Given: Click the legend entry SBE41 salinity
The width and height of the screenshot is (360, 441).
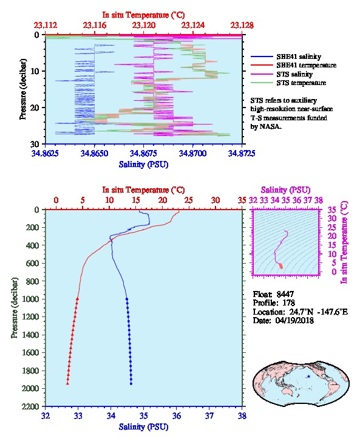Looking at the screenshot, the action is pyautogui.click(x=299, y=57).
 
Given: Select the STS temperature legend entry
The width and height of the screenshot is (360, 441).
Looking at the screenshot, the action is pyautogui.click(x=301, y=83).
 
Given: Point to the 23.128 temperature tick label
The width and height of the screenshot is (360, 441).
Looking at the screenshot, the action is pyautogui.click(x=242, y=26).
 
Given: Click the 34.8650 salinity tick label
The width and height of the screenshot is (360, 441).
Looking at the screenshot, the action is pyautogui.click(x=95, y=153).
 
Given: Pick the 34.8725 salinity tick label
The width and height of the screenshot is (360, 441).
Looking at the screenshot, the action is pyautogui.click(x=242, y=153).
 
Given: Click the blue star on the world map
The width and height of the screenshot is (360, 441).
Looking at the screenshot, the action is pyautogui.click(x=308, y=377).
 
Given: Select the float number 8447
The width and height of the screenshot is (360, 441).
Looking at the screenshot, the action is pyautogui.click(x=285, y=294).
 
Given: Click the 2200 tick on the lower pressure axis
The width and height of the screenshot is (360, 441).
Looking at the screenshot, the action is pyautogui.click(x=31, y=406).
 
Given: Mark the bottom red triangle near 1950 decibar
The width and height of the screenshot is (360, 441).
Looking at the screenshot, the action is pyautogui.click(x=67, y=383).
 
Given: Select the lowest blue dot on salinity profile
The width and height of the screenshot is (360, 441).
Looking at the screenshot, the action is pyautogui.click(x=131, y=383).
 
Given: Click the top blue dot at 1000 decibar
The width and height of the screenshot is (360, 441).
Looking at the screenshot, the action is pyautogui.click(x=127, y=299).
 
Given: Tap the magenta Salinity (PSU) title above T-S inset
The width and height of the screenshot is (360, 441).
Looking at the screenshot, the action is pyautogui.click(x=285, y=190).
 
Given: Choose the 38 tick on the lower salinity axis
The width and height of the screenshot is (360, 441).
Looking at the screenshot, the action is pyautogui.click(x=242, y=415).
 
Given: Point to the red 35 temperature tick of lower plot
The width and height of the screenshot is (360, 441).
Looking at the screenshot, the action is pyautogui.click(x=242, y=200).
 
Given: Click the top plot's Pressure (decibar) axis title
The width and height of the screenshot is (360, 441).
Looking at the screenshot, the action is pyautogui.click(x=23, y=89).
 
